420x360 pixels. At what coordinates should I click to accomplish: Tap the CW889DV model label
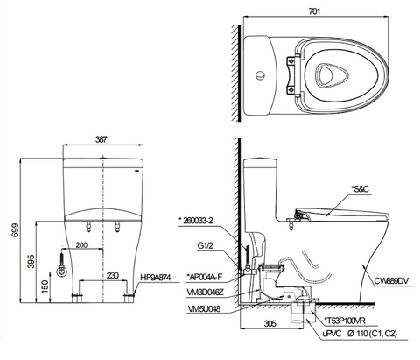[391, 281]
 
